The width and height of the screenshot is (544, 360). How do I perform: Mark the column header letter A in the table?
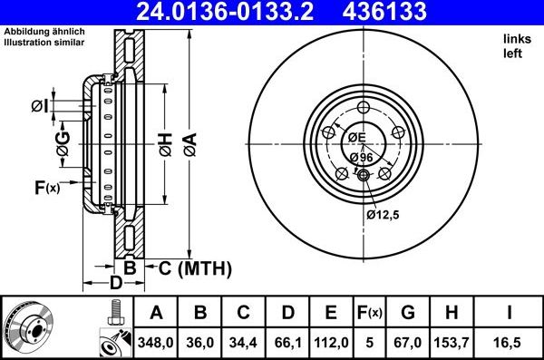point(156,313)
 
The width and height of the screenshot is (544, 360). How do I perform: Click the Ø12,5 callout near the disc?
point(383,215)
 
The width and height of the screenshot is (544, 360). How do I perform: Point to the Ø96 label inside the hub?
point(361,156)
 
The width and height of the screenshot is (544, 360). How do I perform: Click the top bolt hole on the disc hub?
point(363,109)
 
